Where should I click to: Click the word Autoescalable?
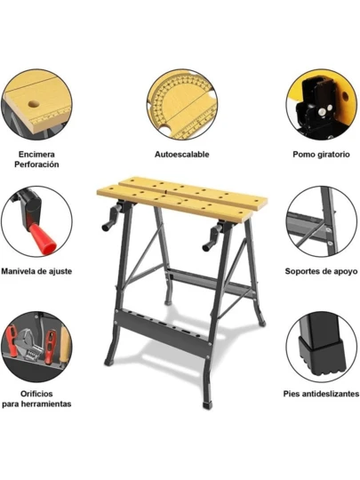click(x=182, y=155)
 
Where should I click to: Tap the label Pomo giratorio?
click(x=321, y=155)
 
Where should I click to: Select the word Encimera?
click(x=36, y=155)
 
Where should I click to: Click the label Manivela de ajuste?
click(x=36, y=271)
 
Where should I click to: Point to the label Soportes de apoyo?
click(x=321, y=271)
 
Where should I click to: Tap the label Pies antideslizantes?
click(x=321, y=394)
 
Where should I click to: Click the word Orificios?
click(x=36, y=394)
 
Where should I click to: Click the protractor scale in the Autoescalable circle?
click(x=180, y=98)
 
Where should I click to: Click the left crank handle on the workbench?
click(x=111, y=218)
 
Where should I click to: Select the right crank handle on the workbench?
click(x=212, y=237)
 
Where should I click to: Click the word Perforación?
click(x=36, y=164)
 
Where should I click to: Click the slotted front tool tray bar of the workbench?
click(x=164, y=332)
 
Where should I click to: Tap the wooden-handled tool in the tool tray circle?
click(x=65, y=345)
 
